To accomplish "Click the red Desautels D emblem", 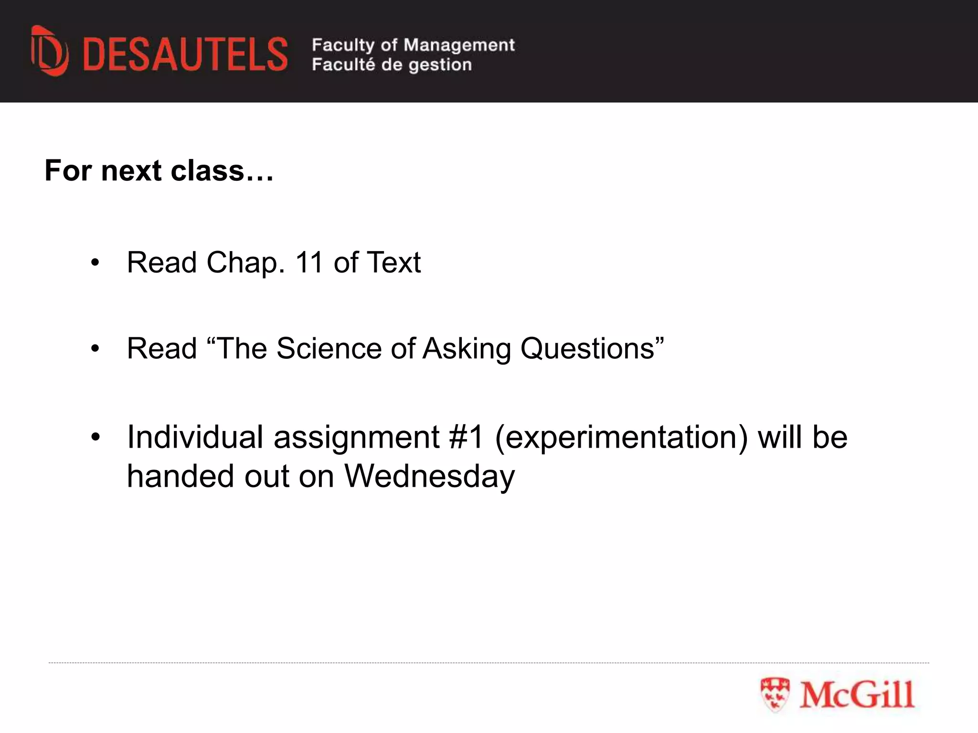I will (49, 52).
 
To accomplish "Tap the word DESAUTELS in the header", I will (185, 55).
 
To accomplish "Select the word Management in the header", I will (459, 45).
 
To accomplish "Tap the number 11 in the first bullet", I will (309, 262).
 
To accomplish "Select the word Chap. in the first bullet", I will (245, 263).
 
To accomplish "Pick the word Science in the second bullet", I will (328, 348).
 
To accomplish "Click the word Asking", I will (467, 349).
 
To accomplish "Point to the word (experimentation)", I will (621, 438).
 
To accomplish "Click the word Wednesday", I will (429, 476).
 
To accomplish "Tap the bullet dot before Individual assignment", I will (96, 437).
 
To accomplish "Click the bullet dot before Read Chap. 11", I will (96, 263).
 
